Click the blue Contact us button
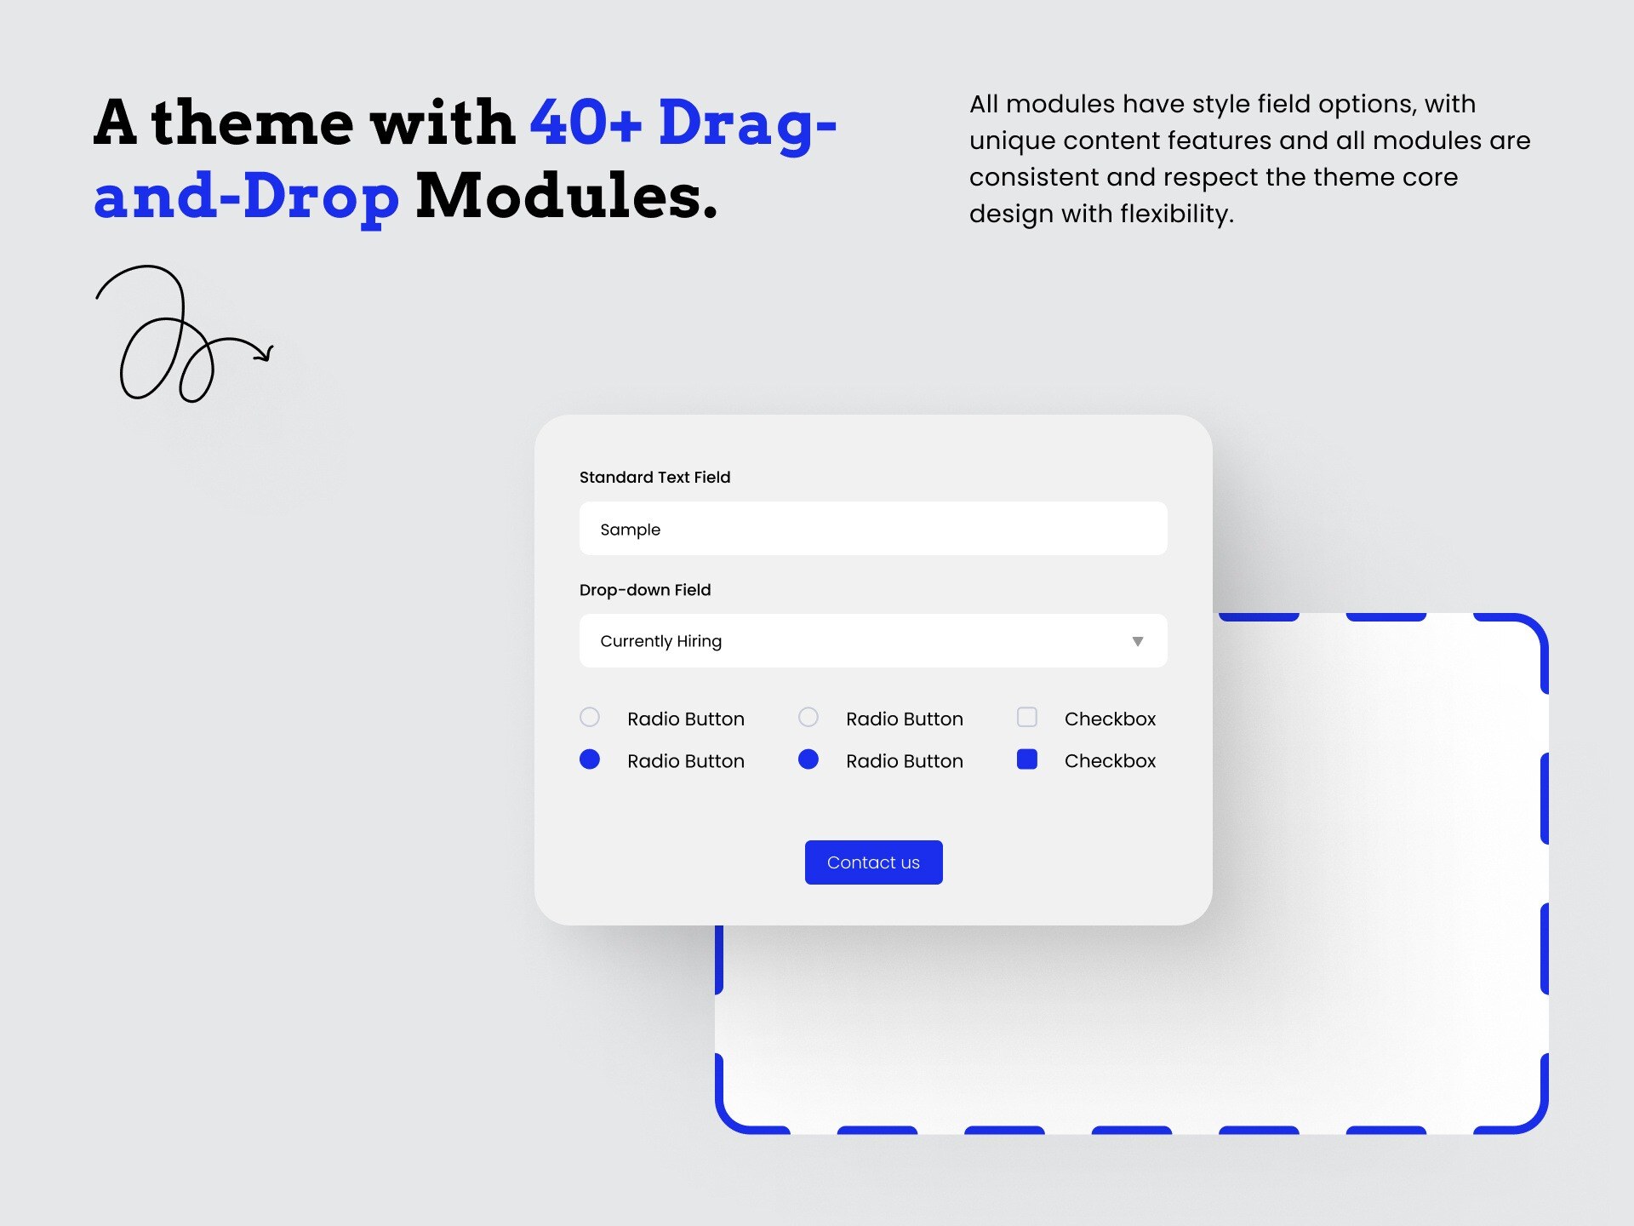873,862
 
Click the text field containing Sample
873,529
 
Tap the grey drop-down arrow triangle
1137,641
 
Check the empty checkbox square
1027,718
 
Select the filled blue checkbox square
1027,759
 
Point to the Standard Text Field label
654,478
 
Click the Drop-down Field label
644,590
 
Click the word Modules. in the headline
567,196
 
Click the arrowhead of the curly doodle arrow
266,352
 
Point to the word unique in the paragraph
1012,140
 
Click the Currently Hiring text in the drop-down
660,641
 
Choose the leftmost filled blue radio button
590,759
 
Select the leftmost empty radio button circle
590,718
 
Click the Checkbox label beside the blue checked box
1110,761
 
